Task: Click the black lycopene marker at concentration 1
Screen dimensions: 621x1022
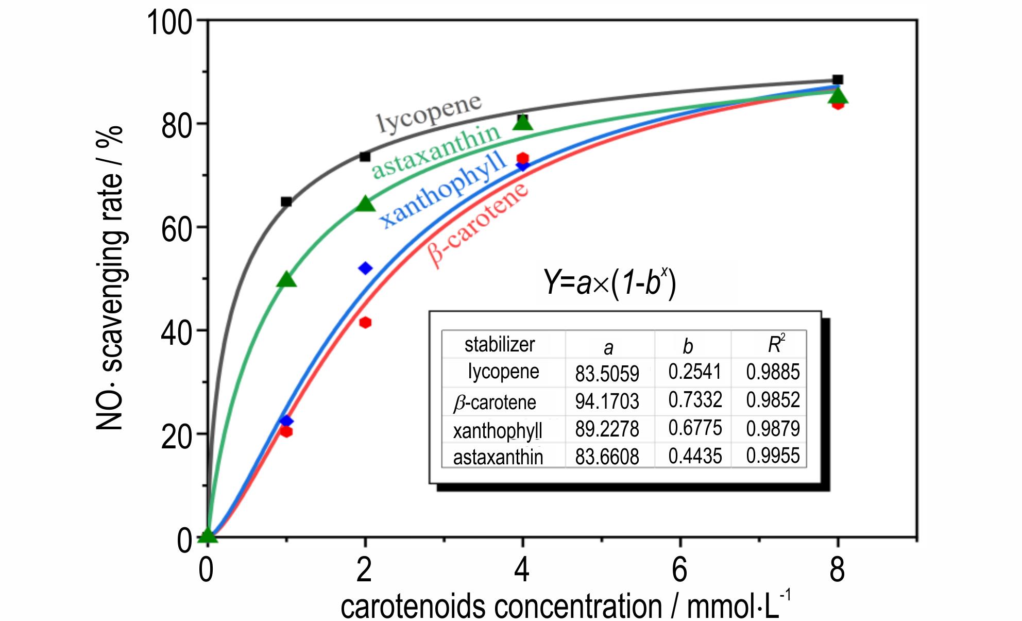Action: [286, 202]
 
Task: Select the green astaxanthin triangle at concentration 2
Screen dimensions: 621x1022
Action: [365, 205]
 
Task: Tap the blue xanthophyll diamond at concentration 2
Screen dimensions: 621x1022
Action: [365, 268]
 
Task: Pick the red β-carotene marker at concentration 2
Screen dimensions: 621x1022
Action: [365, 323]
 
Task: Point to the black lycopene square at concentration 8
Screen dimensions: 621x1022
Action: [838, 80]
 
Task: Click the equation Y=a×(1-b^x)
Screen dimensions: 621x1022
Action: [609, 282]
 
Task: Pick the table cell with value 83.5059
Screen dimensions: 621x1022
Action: [607, 373]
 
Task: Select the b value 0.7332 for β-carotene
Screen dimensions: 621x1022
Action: [695, 400]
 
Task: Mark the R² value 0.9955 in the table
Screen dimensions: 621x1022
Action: [773, 456]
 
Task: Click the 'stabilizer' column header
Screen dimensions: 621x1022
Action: [500, 344]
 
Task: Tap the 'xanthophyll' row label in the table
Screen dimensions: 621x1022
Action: [498, 430]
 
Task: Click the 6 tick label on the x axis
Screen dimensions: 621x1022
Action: [679, 570]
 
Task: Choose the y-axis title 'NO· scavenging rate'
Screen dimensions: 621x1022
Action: [110, 278]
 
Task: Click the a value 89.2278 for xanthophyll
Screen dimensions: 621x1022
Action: [607, 429]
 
